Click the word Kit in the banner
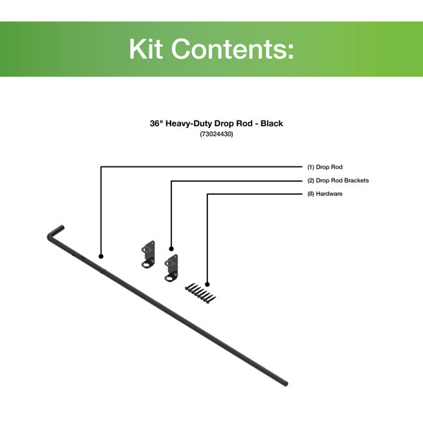[x=146, y=49]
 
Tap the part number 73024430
[x=216, y=134]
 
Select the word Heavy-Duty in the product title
[x=189, y=123]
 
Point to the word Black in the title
[x=271, y=123]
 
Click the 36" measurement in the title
[x=155, y=123]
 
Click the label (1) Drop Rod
[x=325, y=167]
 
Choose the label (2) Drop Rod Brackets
[x=338, y=180]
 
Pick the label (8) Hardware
[x=325, y=194]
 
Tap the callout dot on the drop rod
[x=101, y=257]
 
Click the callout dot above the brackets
[x=171, y=249]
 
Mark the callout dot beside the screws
[x=207, y=284]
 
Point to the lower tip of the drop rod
[x=286, y=384]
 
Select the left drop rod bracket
[x=148, y=254]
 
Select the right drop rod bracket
[x=171, y=268]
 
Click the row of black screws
[x=200, y=293]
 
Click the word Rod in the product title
[x=245, y=123]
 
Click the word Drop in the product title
[x=224, y=123]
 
